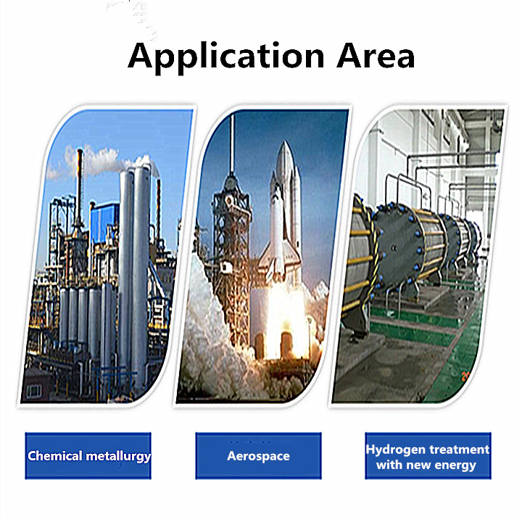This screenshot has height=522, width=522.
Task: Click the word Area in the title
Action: click(376, 55)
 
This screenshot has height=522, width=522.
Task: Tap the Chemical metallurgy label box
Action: click(88, 456)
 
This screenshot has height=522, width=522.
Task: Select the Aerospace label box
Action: click(258, 456)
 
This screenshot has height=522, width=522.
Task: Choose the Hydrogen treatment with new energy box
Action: click(428, 456)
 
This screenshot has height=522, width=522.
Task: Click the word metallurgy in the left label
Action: click(118, 457)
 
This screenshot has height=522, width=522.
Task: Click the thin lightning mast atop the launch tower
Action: click(232, 143)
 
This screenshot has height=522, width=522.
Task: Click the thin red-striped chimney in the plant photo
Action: click(80, 186)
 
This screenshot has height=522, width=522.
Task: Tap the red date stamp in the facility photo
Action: click(465, 376)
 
